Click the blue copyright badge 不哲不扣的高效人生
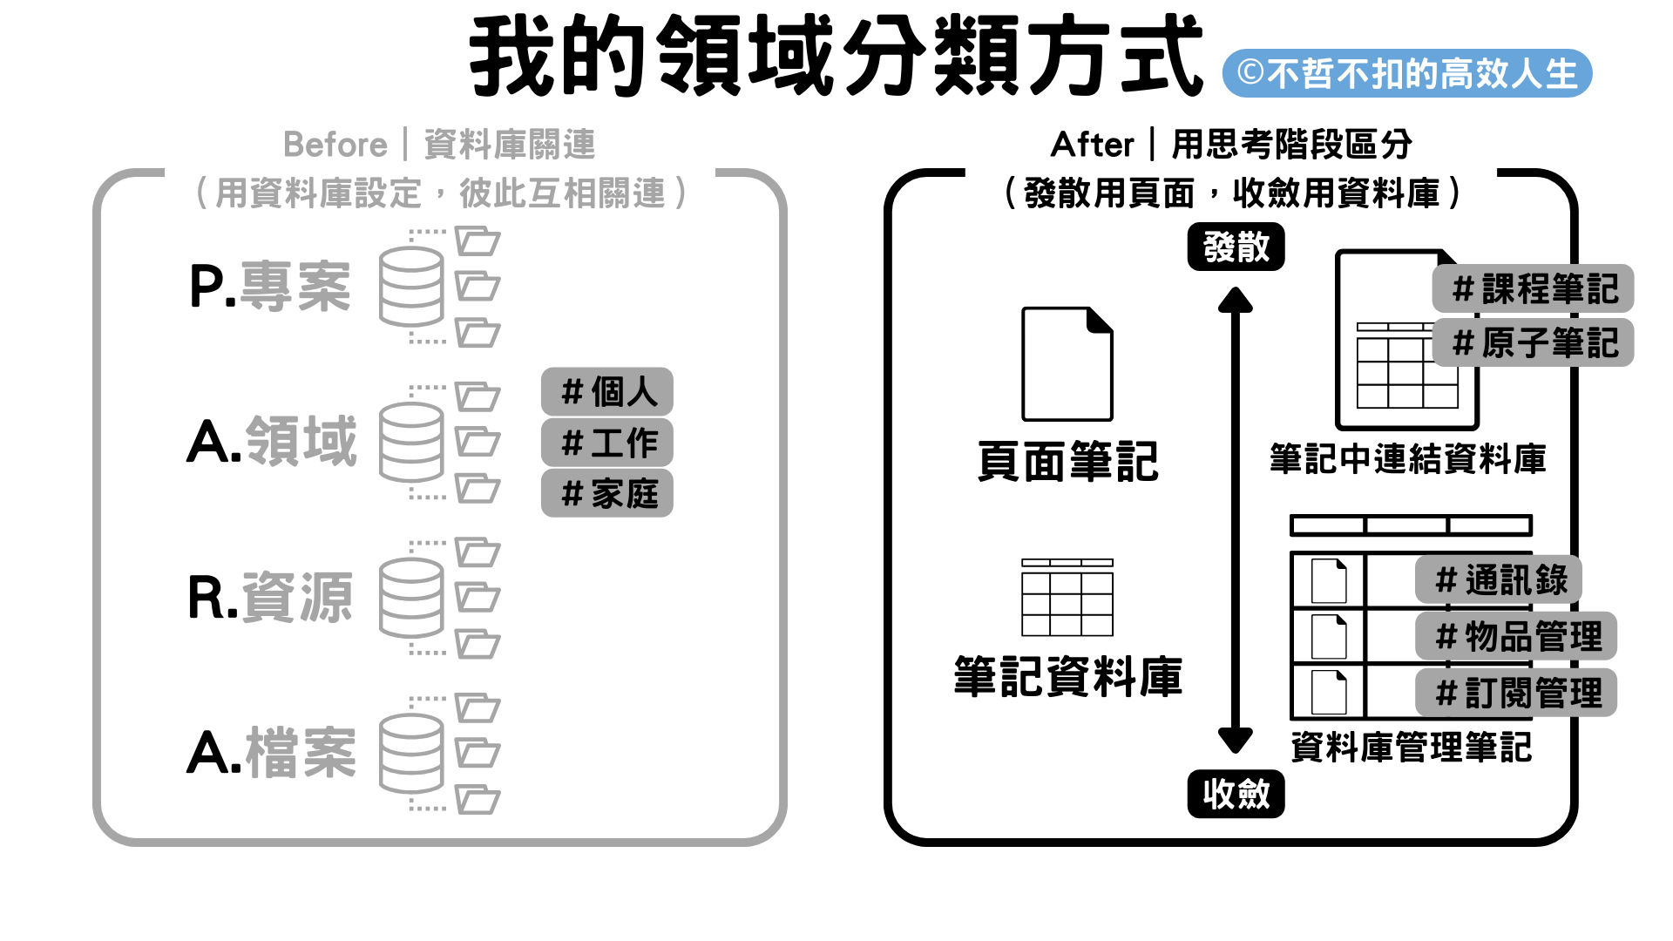[x=1406, y=74]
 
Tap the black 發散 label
[x=1236, y=247]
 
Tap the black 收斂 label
[x=1236, y=794]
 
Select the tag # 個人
[x=607, y=392]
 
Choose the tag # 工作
[x=607, y=443]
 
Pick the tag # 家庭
[x=607, y=494]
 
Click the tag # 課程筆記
[x=1533, y=289]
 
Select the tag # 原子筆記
[x=1533, y=342]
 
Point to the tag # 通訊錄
[x=1499, y=579]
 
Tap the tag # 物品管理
[x=1516, y=636]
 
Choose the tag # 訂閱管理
[x=1516, y=694]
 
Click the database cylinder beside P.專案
[x=411, y=287]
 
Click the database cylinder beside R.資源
[x=411, y=598]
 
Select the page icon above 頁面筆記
[x=1067, y=364]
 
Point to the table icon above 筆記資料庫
[x=1067, y=598]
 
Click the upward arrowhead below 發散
[x=1236, y=301]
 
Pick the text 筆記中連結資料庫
[x=1407, y=459]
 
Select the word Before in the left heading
[x=335, y=145]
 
